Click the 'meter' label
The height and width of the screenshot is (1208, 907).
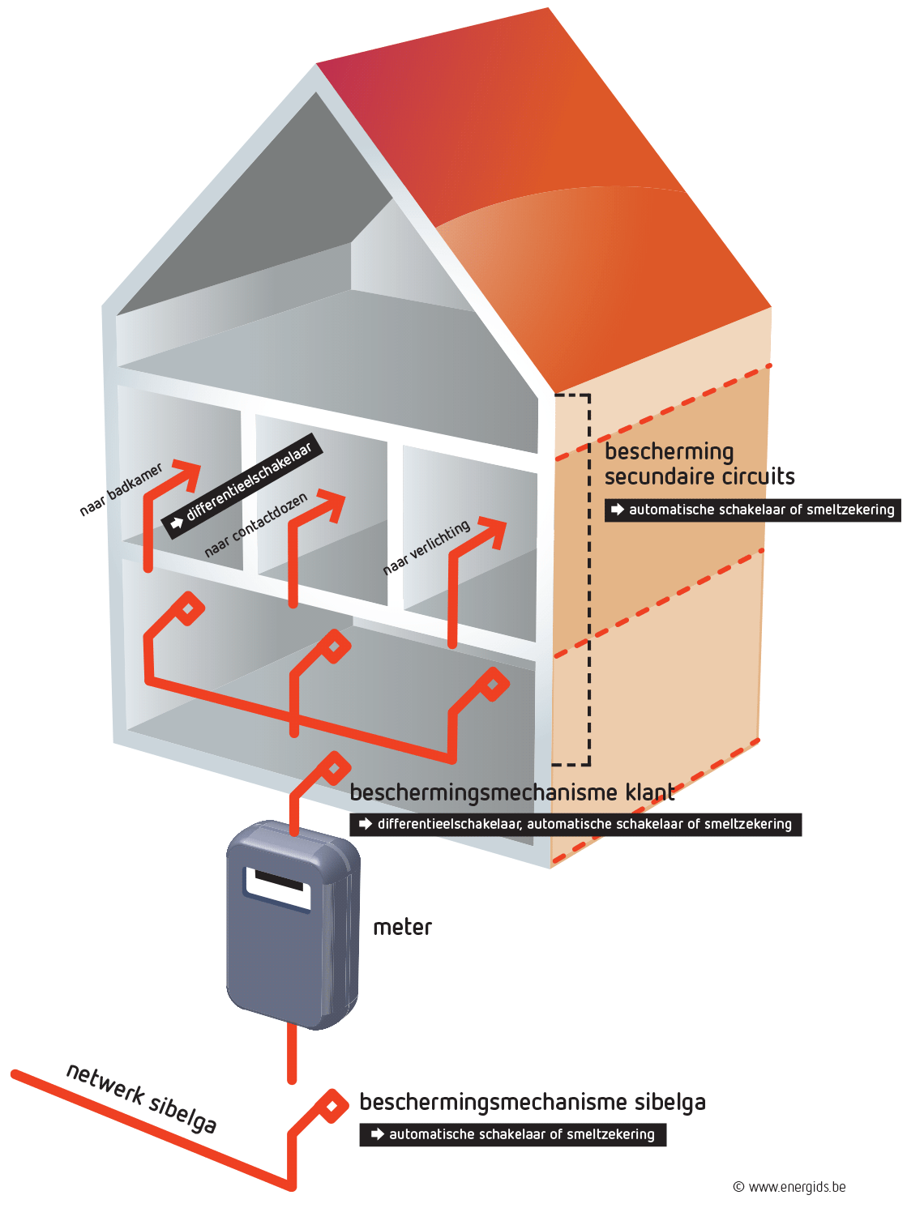tap(402, 928)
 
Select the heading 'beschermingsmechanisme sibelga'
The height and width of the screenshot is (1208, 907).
tap(533, 1103)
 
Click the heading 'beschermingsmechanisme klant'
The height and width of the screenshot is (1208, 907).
tap(512, 792)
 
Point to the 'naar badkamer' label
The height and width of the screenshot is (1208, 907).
tap(121, 489)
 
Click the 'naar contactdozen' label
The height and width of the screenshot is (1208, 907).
tap(255, 525)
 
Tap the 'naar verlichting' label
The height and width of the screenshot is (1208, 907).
tap(426, 547)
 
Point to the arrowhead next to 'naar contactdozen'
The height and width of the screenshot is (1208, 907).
tap(331, 506)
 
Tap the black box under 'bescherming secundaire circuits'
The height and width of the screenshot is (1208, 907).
tap(752, 510)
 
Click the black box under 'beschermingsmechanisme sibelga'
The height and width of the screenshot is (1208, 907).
tap(512, 1134)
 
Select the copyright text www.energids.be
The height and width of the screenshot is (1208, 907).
tap(789, 1187)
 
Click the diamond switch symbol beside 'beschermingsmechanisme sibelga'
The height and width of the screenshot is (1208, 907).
tap(332, 1106)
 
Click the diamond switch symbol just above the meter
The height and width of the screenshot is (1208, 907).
tap(333, 769)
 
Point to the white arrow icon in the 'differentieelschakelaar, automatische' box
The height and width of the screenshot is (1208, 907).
tap(366, 824)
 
